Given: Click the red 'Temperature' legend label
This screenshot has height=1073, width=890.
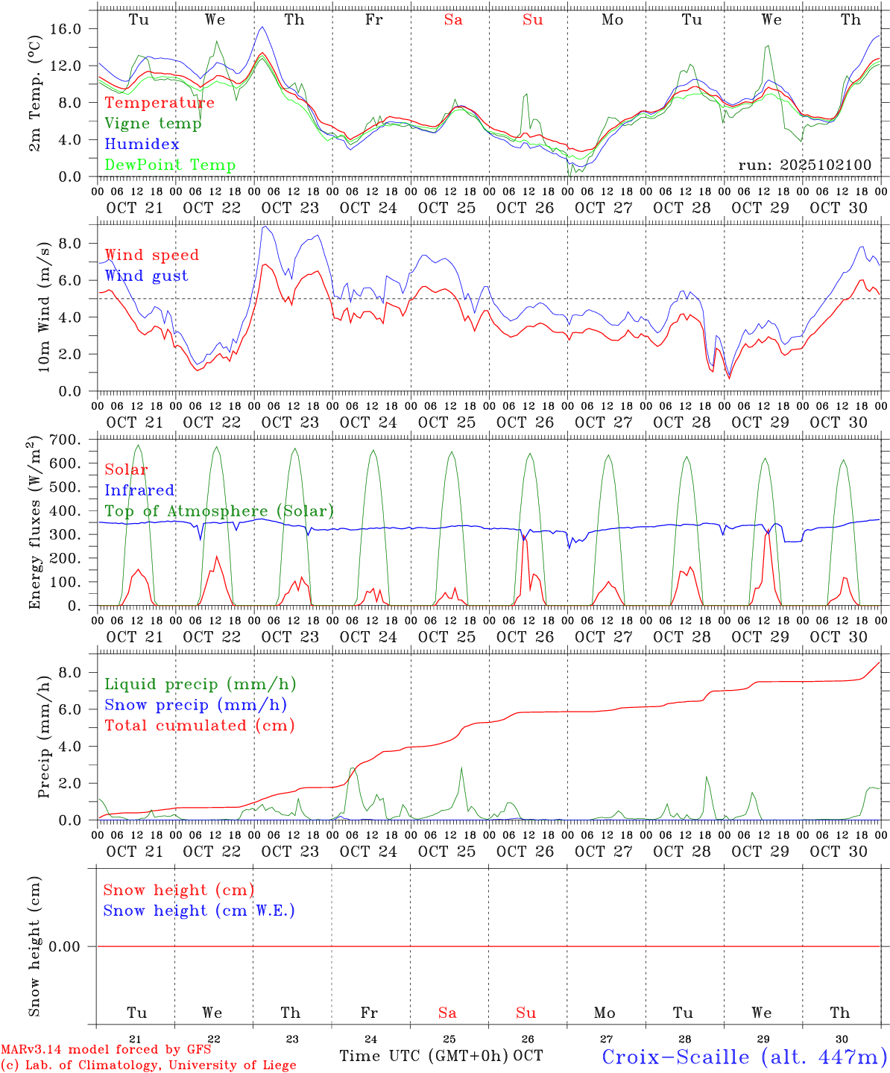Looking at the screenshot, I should [160, 103].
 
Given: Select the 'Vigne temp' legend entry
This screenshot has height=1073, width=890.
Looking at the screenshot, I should [153, 124].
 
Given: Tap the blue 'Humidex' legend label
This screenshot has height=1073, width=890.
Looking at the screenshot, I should [142, 145].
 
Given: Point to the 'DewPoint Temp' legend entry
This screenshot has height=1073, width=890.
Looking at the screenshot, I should [170, 165].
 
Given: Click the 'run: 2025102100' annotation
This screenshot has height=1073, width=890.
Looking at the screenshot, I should [804, 165].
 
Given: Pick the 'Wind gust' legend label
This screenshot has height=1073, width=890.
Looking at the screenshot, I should [146, 276].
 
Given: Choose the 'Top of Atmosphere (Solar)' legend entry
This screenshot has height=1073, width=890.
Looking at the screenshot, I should [219, 511].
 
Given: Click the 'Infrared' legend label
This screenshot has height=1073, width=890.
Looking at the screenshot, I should [139, 490].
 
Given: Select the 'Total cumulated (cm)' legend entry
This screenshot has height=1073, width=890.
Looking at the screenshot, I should [199, 726].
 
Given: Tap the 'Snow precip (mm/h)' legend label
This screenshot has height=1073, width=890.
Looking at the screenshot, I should [195, 705].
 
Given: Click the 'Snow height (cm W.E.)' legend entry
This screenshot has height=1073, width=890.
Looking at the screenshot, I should [199, 911].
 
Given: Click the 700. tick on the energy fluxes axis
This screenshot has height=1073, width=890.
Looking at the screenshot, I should [73, 440].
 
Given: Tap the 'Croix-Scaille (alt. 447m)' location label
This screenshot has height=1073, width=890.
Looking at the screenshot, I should [744, 1057].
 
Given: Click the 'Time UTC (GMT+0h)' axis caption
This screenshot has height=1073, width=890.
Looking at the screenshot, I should [423, 1056].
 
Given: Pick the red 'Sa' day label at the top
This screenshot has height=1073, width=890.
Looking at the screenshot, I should [453, 20].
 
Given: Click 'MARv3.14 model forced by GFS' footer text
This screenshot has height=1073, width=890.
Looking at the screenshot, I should [106, 1050].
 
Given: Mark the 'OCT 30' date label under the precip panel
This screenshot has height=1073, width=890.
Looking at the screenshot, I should [839, 851].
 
